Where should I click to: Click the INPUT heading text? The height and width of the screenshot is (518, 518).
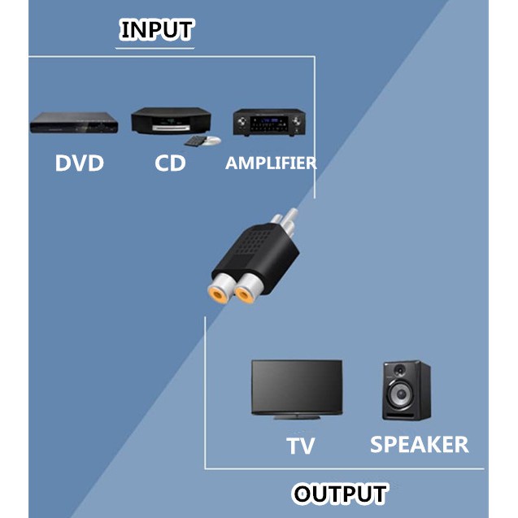coord(156,30)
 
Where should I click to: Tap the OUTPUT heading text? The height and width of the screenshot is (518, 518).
coord(340,494)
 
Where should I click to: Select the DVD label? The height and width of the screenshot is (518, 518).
coord(80,163)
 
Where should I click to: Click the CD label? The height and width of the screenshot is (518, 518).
coord(170,163)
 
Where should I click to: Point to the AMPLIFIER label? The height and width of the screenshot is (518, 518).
coord(271,163)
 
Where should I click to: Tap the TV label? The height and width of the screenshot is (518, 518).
coord(300,446)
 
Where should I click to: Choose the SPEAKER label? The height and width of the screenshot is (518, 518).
coord(419,445)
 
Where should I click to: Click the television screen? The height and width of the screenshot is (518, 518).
coord(296,386)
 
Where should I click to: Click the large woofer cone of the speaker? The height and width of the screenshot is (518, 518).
coord(405,401)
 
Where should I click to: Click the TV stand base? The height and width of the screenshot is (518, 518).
coord(296,417)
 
